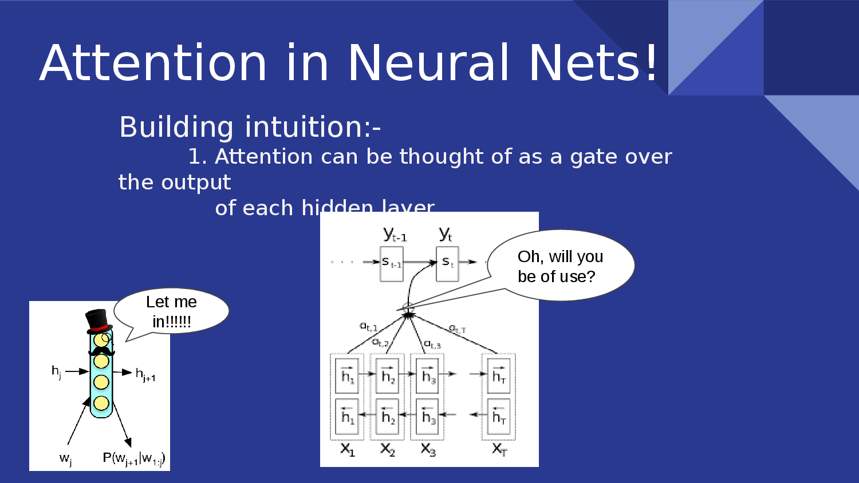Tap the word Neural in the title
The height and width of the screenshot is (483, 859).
[x=428, y=63]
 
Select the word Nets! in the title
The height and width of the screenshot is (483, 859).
[x=593, y=63]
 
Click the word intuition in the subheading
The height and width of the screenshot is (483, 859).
[x=304, y=127]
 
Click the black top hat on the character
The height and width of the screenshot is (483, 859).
[x=98, y=320]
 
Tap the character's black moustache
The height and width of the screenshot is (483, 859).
[x=101, y=351]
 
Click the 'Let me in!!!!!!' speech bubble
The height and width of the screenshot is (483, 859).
[x=171, y=311]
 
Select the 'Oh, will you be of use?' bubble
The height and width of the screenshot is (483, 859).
[x=560, y=266]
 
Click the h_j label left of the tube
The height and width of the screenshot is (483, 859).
[x=56, y=372]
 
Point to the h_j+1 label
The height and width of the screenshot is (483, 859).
[x=145, y=375]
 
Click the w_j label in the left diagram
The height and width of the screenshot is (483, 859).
[x=66, y=458]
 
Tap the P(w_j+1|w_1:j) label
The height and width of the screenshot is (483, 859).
[x=134, y=458]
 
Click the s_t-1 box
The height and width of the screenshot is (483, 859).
[x=392, y=263]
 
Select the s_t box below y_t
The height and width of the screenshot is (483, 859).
[x=447, y=263]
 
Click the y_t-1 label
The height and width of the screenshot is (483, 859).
[x=395, y=234]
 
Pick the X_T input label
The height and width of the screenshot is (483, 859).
[x=499, y=449]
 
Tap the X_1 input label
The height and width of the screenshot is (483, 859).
[x=348, y=449]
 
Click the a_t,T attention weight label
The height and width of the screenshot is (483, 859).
[x=457, y=329]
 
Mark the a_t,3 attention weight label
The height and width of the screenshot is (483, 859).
[x=432, y=345]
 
